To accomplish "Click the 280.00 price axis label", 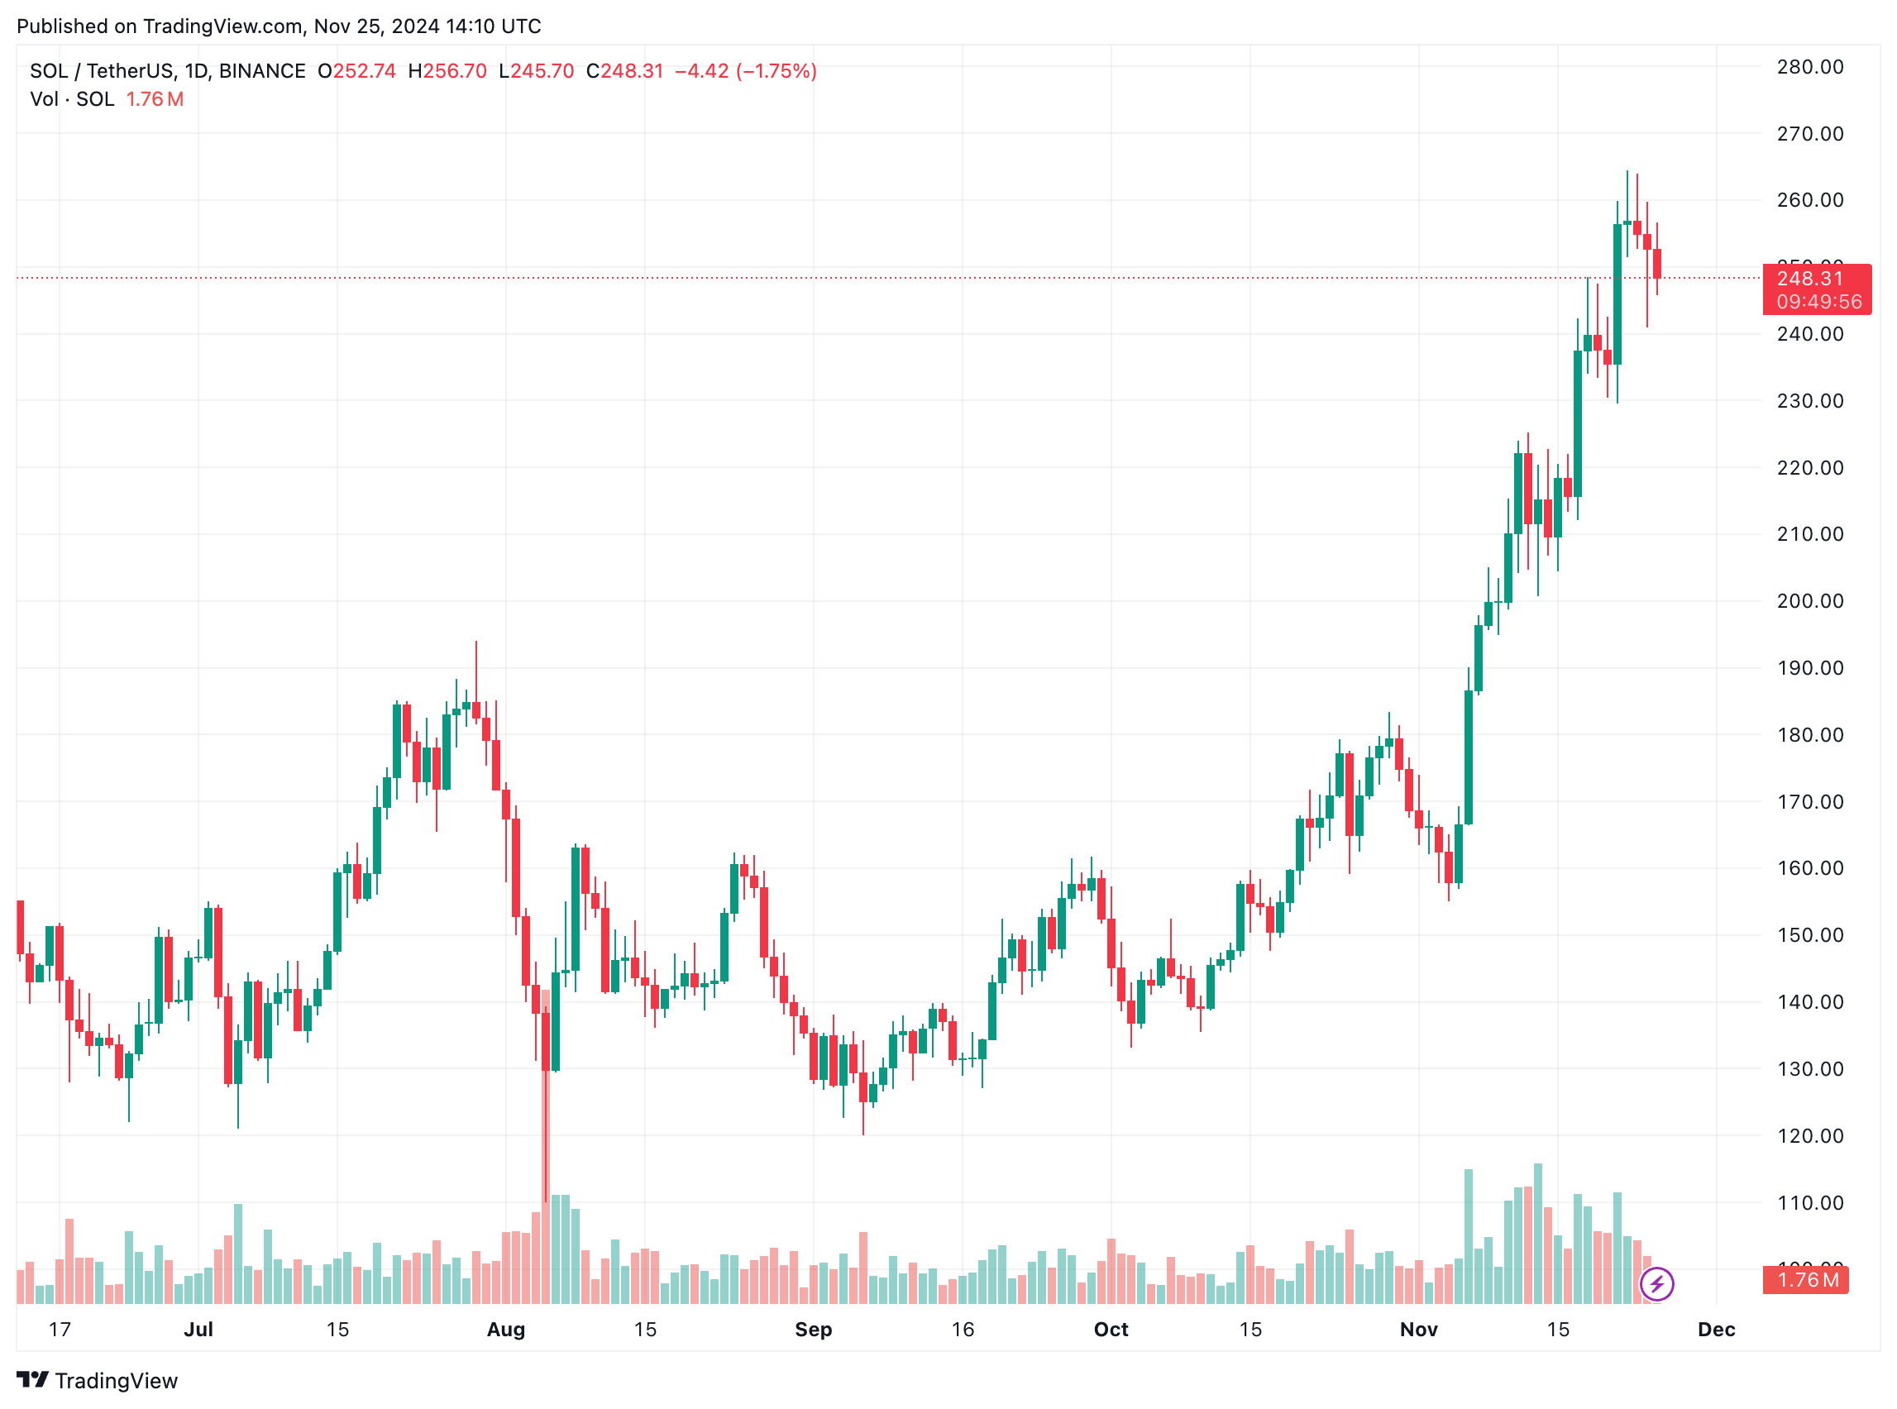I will [1809, 67].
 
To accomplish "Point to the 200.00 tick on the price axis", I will [1809, 601].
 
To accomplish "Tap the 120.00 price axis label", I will [1809, 1136].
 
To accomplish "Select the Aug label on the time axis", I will [506, 1330].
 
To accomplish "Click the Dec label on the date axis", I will [1716, 1330].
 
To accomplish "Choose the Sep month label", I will [813, 1330].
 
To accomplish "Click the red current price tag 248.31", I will [1809, 279].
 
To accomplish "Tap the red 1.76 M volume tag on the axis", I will [1806, 1280].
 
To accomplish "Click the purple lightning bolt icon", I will [1656, 1283].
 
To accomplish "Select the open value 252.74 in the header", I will [364, 71].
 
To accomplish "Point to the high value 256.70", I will [455, 71].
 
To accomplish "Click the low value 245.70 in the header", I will [542, 71].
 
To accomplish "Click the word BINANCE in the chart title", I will [262, 71].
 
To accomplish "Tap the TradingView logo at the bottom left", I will [98, 1381].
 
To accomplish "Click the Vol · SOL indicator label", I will [72, 99].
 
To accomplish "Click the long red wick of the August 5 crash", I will [546, 1134].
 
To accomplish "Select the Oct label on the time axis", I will [1111, 1330].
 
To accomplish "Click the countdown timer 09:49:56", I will [1818, 302].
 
